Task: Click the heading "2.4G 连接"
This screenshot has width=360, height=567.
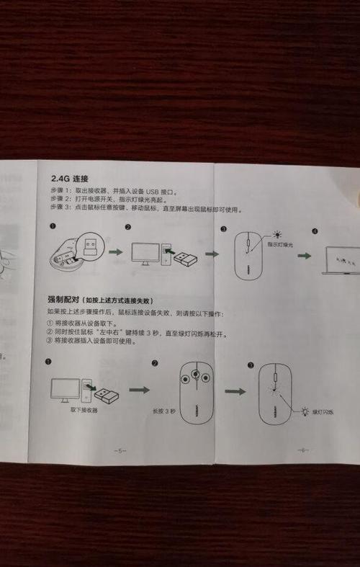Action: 70,177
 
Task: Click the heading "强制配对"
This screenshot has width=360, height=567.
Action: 63,299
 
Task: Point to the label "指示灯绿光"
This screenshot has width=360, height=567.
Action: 281,245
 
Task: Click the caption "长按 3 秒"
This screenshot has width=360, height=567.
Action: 163,410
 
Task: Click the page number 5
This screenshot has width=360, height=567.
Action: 120,450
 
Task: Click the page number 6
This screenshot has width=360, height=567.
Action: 302,450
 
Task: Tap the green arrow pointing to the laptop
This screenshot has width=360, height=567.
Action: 305,256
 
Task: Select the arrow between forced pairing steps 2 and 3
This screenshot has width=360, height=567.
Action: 235,391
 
